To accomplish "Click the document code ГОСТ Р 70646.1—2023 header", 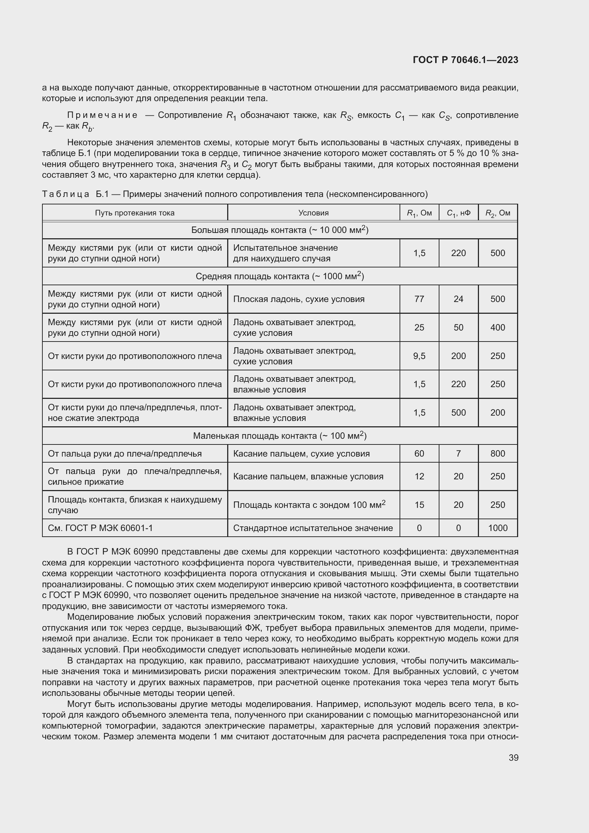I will coord(465,60).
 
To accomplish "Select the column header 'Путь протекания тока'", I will coord(135,213).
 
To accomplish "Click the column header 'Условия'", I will coord(313,213).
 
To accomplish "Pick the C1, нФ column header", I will coord(458,213).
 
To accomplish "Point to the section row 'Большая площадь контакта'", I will coord(280,230).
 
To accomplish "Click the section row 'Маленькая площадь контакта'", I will coord(280,436).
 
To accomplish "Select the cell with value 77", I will coord(419,299).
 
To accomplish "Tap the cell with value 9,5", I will coord(419,356).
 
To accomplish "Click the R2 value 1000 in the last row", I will coord(497,528).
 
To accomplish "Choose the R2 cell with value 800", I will coord(497,453).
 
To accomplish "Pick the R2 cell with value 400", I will coord(497,328).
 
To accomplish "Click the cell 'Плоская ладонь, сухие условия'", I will coord(299,299).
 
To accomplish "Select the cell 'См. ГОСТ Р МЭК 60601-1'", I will coord(100,528).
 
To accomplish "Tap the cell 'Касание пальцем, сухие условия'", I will coord(301,453).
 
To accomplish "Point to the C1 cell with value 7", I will coord(458,453).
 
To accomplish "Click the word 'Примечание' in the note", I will coord(103,115).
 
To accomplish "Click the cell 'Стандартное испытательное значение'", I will coord(313,528).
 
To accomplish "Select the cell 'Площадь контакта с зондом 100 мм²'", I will coord(309,505).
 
